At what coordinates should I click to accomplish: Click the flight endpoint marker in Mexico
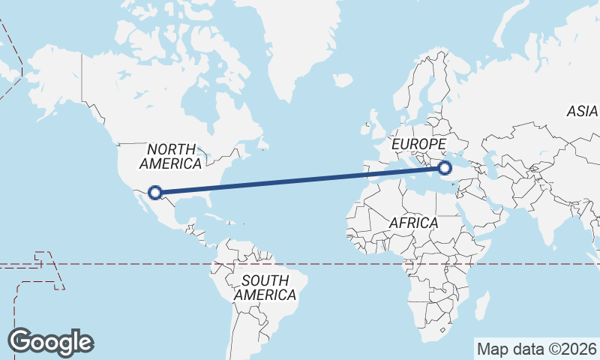pos(155,193)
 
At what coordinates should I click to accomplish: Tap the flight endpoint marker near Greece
pos(445,168)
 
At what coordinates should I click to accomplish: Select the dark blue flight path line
pos(300,180)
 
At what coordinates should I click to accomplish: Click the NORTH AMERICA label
pos(171,156)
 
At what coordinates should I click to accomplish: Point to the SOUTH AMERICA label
pos(265,288)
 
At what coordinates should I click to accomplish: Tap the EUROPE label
pos(419,143)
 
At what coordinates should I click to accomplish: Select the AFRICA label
pos(413,223)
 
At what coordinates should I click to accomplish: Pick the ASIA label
pos(582,111)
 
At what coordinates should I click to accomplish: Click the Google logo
pos(50,342)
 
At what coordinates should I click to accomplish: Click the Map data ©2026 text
pos(537,349)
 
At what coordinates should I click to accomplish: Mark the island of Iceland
pos(342,78)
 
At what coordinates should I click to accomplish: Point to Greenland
pos(292,45)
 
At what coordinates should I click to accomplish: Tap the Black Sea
pos(464,156)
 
